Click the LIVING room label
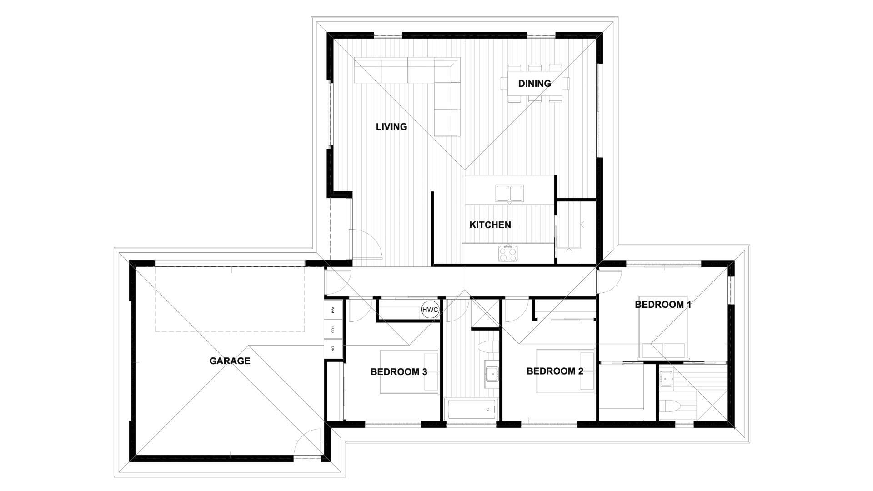click(x=391, y=127)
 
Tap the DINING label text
click(x=534, y=84)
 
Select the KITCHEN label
click(x=490, y=225)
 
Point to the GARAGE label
click(x=230, y=361)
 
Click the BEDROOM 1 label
click(x=663, y=305)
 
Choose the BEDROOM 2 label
click(x=555, y=371)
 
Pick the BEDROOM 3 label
click(x=399, y=372)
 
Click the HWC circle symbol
click(x=430, y=310)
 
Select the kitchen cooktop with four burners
click(x=508, y=253)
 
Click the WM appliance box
click(x=333, y=310)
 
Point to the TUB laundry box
click(x=333, y=330)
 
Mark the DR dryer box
click(x=333, y=349)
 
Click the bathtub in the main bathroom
click(x=472, y=409)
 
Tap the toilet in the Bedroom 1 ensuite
click(x=669, y=407)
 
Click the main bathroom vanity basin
click(x=492, y=375)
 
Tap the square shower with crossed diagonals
click(x=485, y=313)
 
